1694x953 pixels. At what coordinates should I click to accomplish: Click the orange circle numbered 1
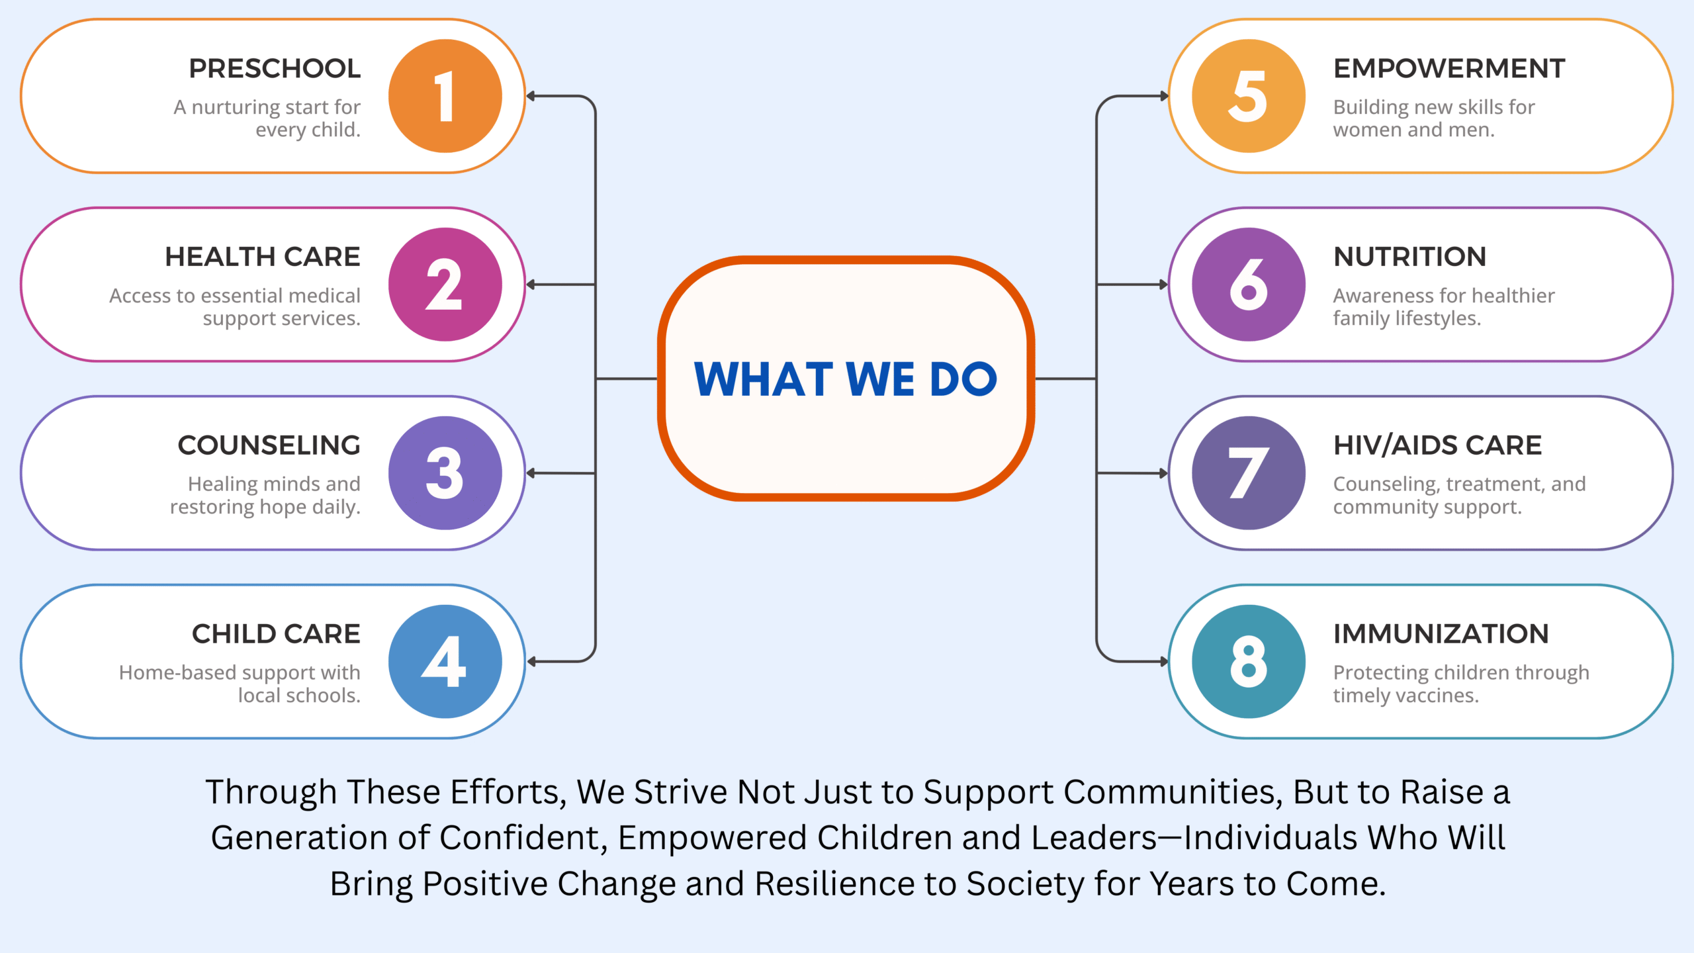(445, 96)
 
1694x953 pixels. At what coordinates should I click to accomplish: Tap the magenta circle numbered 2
(445, 285)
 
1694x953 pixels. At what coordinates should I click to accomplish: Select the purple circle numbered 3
(445, 473)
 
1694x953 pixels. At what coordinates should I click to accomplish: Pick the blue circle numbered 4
(445, 662)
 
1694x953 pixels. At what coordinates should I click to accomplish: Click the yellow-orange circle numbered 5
(1249, 96)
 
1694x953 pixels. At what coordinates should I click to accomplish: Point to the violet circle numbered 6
(1249, 285)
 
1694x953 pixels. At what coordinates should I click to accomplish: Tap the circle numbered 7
(1249, 473)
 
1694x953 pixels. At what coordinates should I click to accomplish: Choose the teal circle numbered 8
(1249, 662)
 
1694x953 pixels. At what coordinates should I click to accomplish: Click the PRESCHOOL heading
(275, 68)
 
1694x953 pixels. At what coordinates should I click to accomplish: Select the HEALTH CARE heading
(263, 257)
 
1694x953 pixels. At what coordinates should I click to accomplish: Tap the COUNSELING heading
(269, 445)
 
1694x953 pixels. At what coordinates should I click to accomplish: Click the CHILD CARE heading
(276, 634)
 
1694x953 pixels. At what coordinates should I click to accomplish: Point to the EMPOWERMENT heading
(1449, 68)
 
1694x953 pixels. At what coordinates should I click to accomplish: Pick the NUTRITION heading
(1410, 257)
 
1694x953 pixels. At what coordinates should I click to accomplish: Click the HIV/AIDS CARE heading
(1437, 445)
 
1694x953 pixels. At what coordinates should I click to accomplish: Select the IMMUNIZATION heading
(1441, 634)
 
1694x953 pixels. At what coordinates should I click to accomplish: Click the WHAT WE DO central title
(846, 379)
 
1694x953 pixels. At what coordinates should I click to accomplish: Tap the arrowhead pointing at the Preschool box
(531, 96)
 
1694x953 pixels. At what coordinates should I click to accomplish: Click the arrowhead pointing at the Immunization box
(1164, 662)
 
